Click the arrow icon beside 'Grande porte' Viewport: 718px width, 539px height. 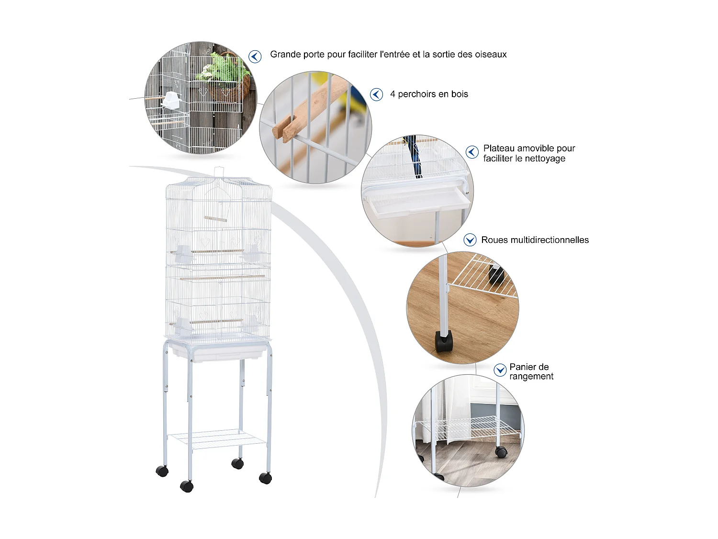255,56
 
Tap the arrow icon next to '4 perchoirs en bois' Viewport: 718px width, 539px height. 376,94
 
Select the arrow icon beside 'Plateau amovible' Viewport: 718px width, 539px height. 471,152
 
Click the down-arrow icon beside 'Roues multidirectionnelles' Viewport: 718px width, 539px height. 470,240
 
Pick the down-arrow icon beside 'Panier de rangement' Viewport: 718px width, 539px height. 500,370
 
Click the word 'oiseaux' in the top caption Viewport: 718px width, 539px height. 490,54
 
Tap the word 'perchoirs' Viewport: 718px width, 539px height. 417,94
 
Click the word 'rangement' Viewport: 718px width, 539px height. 531,377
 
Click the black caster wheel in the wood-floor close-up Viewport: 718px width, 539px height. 444,341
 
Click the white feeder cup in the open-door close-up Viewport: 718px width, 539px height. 171,100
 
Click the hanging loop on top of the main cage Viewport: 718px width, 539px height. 218,173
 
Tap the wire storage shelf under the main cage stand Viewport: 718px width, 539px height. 217,439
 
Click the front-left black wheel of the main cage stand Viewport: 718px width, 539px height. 187,486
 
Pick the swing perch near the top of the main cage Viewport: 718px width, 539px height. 215,218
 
